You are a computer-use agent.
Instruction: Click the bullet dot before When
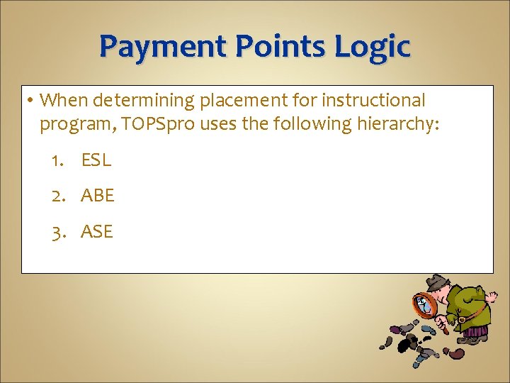point(31,101)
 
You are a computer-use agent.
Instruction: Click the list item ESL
point(96,160)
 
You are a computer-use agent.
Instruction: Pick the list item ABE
point(98,196)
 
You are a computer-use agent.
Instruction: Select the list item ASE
point(97,232)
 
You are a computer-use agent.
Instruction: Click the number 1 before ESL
point(57,160)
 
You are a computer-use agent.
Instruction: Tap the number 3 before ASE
point(57,232)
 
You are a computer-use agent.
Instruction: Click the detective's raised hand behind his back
point(492,296)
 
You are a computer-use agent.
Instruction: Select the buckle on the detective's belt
point(463,318)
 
